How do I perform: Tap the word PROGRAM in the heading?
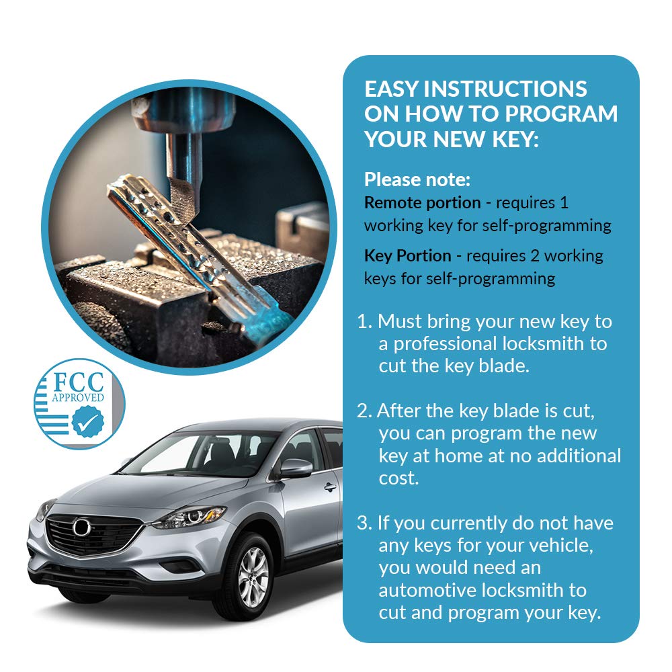561,114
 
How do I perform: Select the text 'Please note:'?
417,179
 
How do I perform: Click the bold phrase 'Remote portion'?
422,203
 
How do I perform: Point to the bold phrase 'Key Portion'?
408,256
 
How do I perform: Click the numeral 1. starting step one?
364,321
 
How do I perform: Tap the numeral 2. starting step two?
364,411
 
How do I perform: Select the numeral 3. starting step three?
364,523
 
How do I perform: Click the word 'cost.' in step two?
398,478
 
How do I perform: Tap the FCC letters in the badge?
78,382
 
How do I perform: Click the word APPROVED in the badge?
78,398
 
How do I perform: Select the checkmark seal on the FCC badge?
88,422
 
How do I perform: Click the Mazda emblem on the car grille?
81,527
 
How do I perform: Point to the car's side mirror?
296,468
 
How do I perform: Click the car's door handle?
330,487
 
